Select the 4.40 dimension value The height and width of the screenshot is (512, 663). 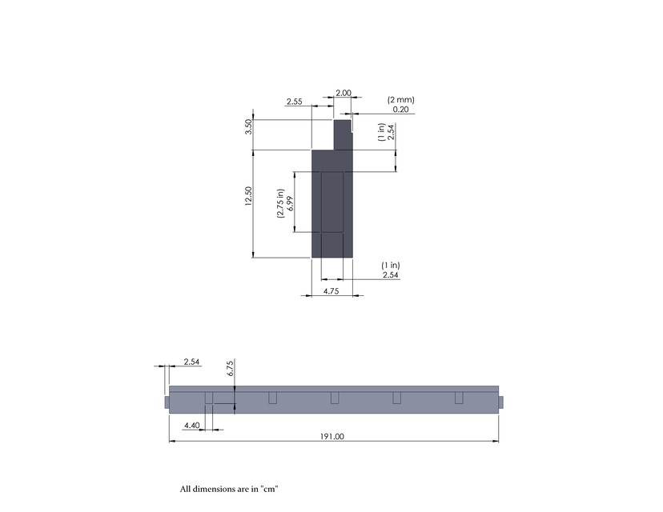(x=191, y=425)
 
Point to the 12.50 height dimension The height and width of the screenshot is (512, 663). (x=248, y=197)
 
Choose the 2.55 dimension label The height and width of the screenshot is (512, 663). (x=294, y=102)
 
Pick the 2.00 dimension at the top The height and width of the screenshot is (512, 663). (x=343, y=93)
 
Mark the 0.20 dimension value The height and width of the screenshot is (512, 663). (x=400, y=109)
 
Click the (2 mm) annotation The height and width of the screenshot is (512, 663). (x=400, y=99)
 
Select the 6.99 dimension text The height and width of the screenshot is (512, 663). (x=290, y=203)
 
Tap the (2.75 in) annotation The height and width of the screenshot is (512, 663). (x=280, y=203)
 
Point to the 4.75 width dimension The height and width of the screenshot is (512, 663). (x=331, y=292)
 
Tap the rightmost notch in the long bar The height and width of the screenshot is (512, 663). (x=459, y=398)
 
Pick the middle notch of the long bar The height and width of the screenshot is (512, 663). (x=335, y=398)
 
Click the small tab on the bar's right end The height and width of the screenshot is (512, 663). (x=500, y=401)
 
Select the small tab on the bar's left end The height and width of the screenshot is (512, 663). (x=167, y=401)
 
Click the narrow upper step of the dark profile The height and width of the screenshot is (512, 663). (x=343, y=134)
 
